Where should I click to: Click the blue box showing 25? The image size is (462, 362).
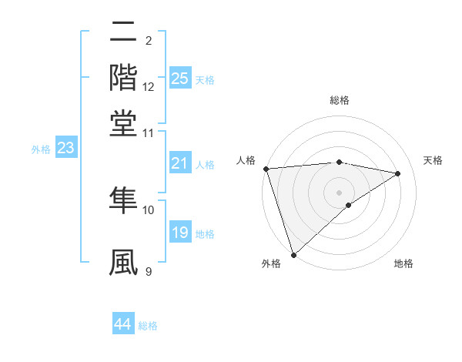179,79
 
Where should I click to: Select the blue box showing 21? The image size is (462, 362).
179,163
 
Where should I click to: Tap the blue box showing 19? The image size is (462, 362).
179,233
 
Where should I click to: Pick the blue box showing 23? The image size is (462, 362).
65,149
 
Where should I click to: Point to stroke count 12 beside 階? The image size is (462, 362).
149,87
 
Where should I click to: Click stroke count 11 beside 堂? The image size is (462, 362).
149,132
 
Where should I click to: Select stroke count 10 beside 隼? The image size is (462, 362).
149,209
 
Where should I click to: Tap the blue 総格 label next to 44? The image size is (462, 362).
148,326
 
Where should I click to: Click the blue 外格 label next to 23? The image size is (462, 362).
41,149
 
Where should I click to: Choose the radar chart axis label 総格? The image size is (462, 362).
339,100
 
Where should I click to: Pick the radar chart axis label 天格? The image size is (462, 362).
434,160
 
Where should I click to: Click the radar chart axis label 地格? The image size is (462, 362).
403,264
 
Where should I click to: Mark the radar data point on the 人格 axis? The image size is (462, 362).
266,169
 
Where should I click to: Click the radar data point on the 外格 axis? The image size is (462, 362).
293,254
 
